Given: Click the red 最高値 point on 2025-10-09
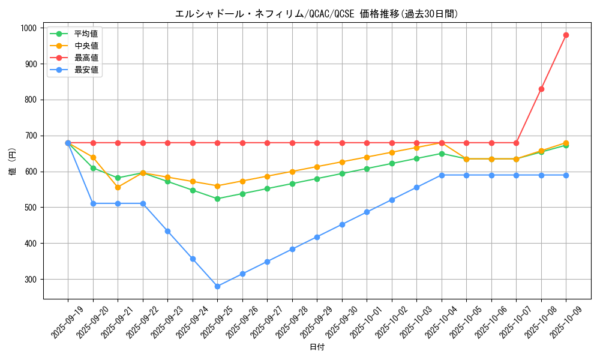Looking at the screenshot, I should coord(566,35).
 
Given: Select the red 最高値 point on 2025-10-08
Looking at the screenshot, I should coord(541,89).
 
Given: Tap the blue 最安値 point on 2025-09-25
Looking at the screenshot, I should coord(217,286).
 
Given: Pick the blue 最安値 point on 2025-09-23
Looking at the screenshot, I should coord(167,231).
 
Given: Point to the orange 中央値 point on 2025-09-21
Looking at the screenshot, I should coord(118,187).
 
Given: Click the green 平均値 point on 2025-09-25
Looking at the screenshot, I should coord(217,199).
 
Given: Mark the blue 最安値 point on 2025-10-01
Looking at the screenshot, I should coord(367,212).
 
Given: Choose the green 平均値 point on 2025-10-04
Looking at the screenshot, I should coord(442,154).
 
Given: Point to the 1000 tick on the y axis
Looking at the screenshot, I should coord(28,28).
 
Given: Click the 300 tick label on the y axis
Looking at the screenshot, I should coord(30,280).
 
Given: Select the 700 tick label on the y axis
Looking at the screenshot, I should coord(30,136).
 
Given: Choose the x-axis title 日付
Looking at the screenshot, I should coord(317,347).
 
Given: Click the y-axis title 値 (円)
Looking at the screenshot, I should coord(12,163).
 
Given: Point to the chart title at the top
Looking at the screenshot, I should coord(317,14).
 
